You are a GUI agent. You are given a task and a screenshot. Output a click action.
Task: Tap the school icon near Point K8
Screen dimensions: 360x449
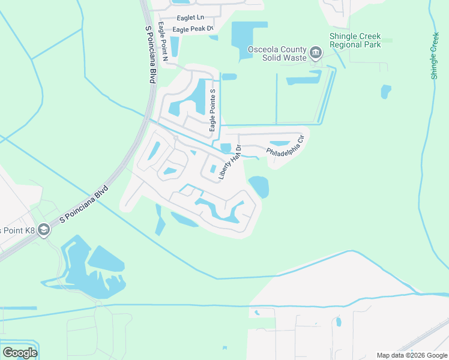point(43,230)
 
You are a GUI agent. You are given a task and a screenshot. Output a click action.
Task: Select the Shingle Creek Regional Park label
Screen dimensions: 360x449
point(355,41)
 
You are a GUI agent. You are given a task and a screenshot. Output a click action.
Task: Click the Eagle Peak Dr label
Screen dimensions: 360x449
point(193,29)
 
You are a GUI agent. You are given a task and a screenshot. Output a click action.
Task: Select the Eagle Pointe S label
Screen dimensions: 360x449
point(212,109)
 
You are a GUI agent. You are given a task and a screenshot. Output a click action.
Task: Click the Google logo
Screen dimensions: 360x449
point(20,352)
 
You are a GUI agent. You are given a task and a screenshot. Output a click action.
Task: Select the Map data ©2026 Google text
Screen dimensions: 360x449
point(411,355)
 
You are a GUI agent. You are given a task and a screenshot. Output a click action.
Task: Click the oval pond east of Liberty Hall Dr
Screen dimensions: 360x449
point(259,186)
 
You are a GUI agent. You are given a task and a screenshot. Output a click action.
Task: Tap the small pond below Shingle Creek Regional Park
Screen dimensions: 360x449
point(385,91)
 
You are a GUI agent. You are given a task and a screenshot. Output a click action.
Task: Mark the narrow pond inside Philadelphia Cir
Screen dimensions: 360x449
point(279,143)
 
